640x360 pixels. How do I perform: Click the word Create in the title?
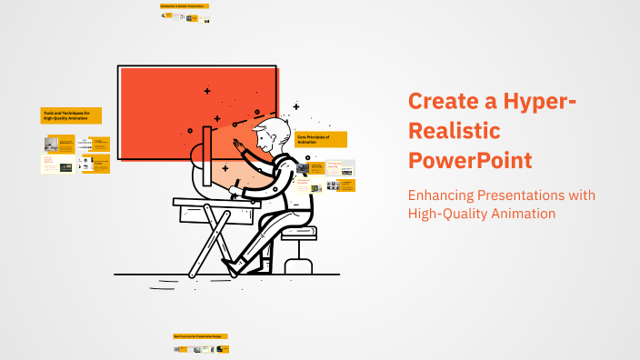click(x=443, y=102)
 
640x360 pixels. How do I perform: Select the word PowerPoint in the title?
click(x=470, y=162)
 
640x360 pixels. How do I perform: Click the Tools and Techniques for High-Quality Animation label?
click(x=71, y=115)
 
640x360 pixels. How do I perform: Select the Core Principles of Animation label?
click(x=321, y=139)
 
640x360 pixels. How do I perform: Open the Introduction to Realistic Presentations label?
click(x=185, y=6)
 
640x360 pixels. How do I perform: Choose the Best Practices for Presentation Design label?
click(x=200, y=336)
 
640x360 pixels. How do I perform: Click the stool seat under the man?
click(x=298, y=233)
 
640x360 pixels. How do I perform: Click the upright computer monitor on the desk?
click(x=208, y=161)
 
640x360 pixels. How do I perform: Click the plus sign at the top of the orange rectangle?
click(x=207, y=91)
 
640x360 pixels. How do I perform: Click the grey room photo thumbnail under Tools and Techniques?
click(x=52, y=144)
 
